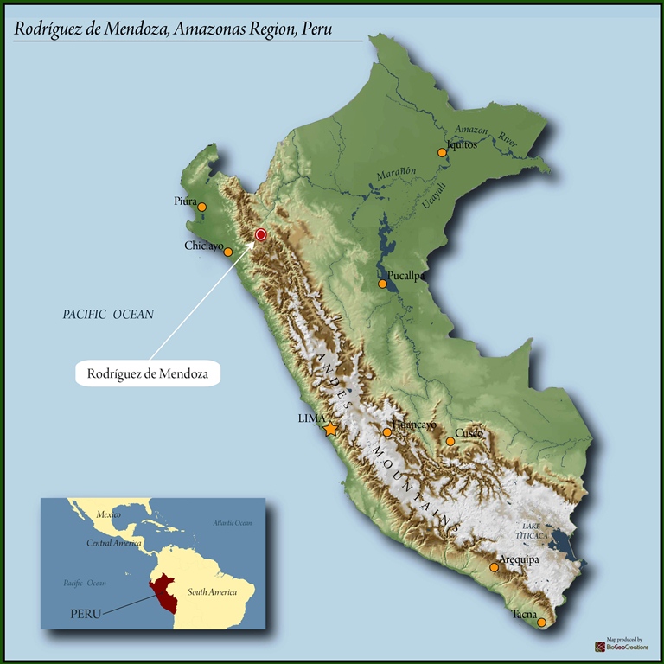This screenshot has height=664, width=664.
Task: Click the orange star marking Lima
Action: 330,429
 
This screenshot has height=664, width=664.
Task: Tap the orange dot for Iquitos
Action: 442,152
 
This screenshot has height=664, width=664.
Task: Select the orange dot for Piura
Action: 202,207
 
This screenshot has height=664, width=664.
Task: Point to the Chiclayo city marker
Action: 228,252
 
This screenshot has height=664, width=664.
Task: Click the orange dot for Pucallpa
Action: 382,284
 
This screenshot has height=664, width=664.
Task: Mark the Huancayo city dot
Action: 387,432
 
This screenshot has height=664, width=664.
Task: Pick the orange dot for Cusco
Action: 450,442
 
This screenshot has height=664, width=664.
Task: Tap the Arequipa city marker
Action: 494,567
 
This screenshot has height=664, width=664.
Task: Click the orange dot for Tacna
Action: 541,622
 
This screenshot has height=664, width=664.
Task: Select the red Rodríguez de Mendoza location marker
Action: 261,234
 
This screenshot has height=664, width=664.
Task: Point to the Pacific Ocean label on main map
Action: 108,315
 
